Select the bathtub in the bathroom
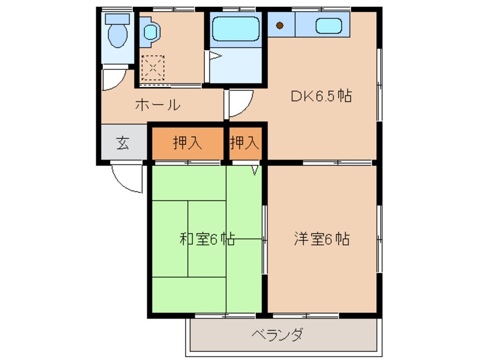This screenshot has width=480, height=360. [236, 29]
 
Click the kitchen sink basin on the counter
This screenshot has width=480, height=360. [328, 26]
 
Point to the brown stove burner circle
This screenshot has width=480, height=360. [280, 25]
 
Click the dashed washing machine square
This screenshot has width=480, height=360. [152, 68]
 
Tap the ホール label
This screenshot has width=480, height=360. [158, 105]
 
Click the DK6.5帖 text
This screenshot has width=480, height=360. [321, 96]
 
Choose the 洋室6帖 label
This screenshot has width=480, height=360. [321, 239]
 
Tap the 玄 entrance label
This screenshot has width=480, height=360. [123, 143]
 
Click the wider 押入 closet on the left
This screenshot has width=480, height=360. [188, 143]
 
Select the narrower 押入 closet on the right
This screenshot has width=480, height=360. [245, 143]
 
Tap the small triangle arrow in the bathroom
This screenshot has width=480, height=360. [214, 56]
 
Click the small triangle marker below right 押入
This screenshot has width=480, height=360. [255, 169]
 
